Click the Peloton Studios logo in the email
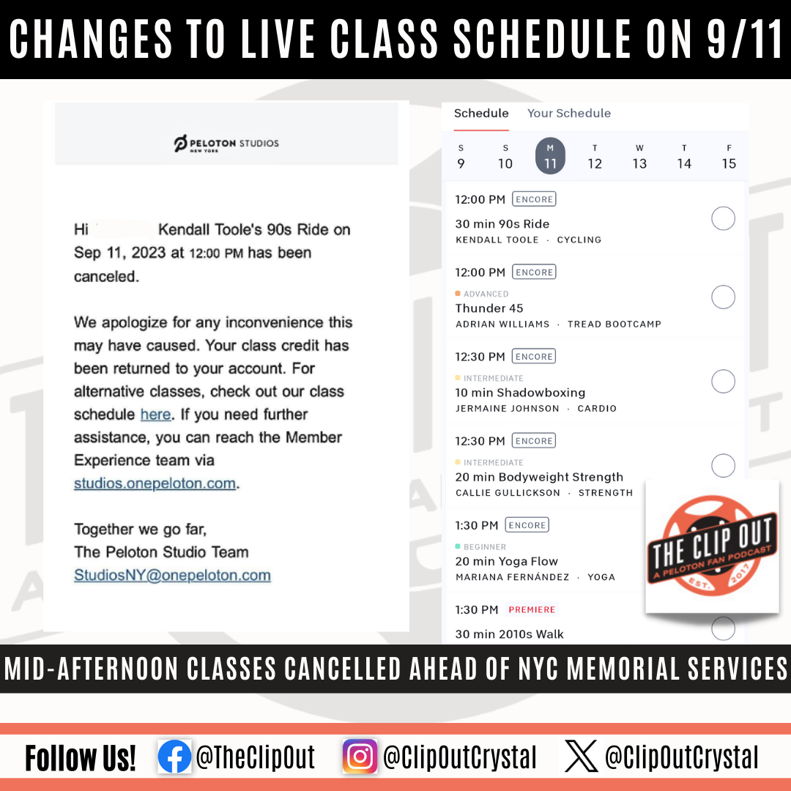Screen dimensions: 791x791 coord(226,144)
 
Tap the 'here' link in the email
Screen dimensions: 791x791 coord(155,414)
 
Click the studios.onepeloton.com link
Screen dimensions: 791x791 coord(155,483)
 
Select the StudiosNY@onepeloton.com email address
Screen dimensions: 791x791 coord(173,575)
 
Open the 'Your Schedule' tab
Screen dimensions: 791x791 coord(569,113)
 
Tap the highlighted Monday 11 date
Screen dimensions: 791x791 coord(550,156)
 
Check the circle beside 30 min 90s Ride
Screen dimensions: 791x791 coord(723,218)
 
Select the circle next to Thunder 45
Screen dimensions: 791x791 coord(723,297)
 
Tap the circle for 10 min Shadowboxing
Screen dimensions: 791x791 coord(723,381)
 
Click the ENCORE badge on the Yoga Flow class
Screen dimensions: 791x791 coord(527,525)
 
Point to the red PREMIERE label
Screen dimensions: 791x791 coord(532,609)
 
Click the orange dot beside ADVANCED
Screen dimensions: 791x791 coord(458,293)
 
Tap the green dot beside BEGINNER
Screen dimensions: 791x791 coord(458,546)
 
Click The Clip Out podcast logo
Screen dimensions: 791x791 coord(712,546)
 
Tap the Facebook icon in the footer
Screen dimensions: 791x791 coord(174,757)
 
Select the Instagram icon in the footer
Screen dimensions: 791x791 coord(360,757)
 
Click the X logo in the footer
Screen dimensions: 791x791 coord(581,756)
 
